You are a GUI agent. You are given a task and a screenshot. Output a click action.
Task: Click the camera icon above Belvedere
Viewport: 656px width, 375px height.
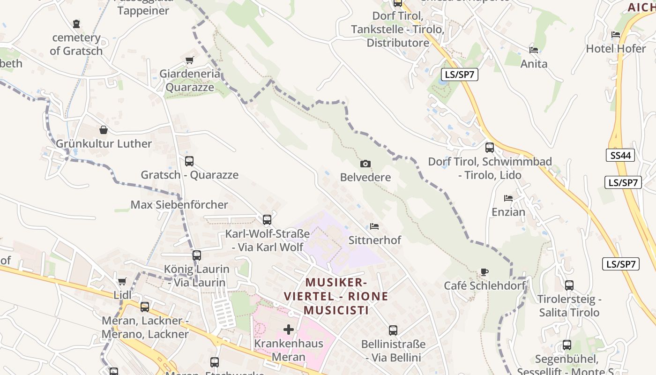point(365,164)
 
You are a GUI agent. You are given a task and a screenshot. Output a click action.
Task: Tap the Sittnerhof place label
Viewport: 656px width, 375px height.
point(374,240)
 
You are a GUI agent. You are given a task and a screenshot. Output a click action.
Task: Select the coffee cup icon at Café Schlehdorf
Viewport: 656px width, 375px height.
point(485,272)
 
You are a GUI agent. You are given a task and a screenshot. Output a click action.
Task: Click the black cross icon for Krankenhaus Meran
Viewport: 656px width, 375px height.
point(289,330)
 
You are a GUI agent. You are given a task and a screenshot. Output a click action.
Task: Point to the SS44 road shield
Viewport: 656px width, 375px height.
point(621,155)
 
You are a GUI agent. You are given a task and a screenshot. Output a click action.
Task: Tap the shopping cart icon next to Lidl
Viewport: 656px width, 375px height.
point(122,281)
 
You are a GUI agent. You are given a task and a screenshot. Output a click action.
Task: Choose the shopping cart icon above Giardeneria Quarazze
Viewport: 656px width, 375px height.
point(189,60)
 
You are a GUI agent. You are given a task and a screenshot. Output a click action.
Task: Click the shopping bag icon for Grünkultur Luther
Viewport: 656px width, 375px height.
point(104,130)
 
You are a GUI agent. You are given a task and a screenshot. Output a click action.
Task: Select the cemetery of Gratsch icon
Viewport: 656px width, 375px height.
point(76,23)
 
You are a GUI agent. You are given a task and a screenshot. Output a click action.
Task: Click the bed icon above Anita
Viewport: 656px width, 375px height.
point(533,50)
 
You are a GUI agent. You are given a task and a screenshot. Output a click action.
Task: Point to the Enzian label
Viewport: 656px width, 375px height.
point(508,212)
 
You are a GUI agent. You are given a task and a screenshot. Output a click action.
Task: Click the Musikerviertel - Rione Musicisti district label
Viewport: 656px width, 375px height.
point(336,296)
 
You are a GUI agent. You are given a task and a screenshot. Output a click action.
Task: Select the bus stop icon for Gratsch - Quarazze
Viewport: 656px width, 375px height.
point(189,161)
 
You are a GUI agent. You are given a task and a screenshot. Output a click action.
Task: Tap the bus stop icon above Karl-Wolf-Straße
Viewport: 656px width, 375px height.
point(267,219)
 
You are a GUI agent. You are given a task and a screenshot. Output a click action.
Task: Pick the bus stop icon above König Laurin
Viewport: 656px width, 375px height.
point(197,255)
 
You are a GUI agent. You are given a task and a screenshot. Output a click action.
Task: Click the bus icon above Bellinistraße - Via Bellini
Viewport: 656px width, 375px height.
point(393,330)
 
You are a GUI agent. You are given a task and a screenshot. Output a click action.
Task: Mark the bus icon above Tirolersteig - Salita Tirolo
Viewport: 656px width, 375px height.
point(569,285)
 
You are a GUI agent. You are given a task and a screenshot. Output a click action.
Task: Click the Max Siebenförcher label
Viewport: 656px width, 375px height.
point(179,205)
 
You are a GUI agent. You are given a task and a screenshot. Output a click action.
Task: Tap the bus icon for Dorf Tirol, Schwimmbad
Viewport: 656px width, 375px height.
point(490,148)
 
